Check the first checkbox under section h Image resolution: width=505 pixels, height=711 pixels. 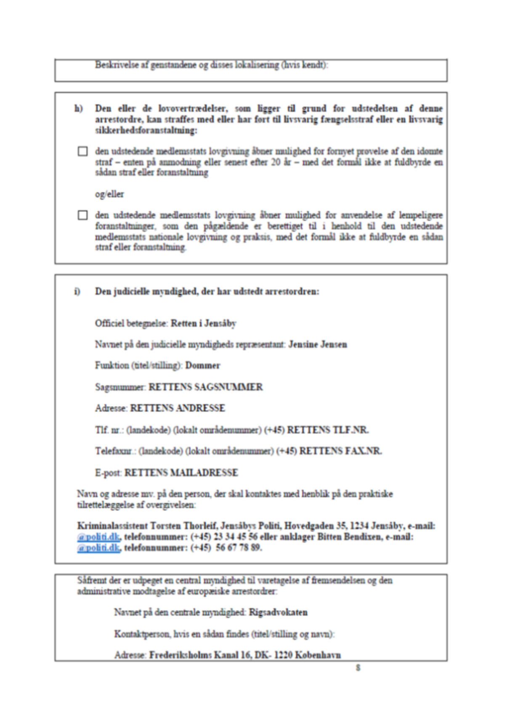(x=83, y=151)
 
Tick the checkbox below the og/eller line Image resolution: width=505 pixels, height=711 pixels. (x=83, y=215)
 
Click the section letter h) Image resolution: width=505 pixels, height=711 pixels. (x=79, y=108)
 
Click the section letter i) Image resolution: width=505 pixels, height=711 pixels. (x=77, y=291)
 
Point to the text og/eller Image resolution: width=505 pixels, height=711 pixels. (x=109, y=194)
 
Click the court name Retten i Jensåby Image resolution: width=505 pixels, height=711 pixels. (x=204, y=323)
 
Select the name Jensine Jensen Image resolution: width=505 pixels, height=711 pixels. (x=318, y=344)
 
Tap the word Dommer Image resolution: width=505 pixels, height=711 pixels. (x=203, y=365)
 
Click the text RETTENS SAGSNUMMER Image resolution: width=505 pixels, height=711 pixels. (x=206, y=387)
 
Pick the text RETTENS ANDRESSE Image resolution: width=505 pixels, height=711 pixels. (x=178, y=408)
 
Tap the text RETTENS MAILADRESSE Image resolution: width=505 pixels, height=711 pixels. (x=181, y=473)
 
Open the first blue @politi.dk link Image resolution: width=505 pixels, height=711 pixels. (x=99, y=537)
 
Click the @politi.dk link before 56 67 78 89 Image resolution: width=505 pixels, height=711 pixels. (x=99, y=548)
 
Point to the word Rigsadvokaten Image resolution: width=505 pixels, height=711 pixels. (x=278, y=612)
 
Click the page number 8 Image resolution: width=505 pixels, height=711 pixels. (x=358, y=667)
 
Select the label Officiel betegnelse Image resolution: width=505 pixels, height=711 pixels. (x=132, y=323)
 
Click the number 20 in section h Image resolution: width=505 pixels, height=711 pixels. (x=276, y=162)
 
